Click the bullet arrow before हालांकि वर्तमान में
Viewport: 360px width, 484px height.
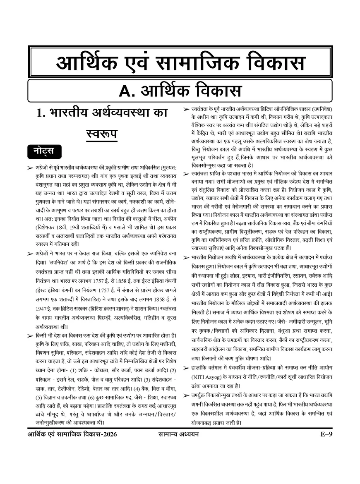pos(187,368)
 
